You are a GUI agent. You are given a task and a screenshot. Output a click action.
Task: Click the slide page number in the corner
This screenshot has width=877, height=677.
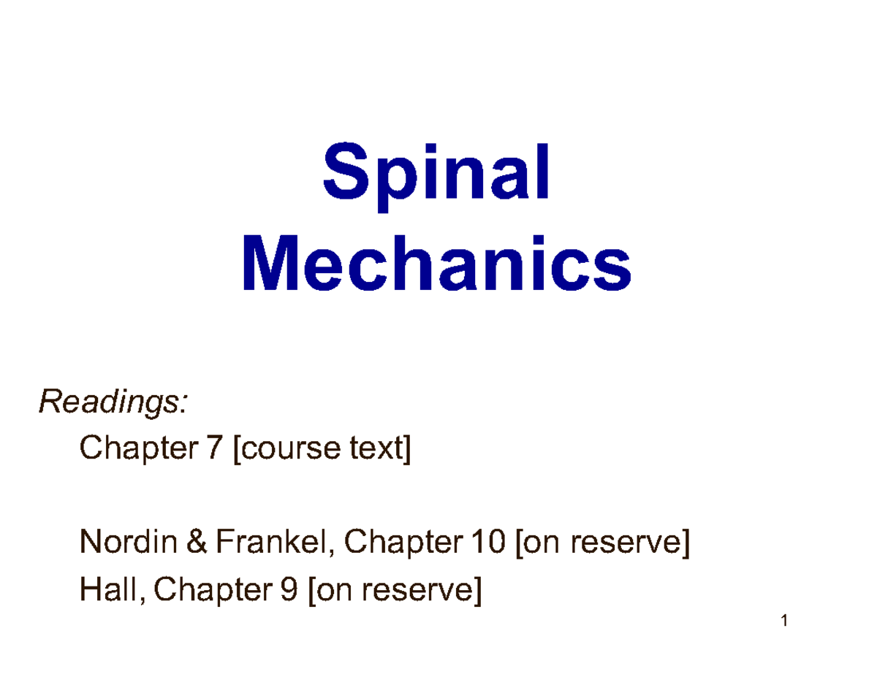tap(784, 622)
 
